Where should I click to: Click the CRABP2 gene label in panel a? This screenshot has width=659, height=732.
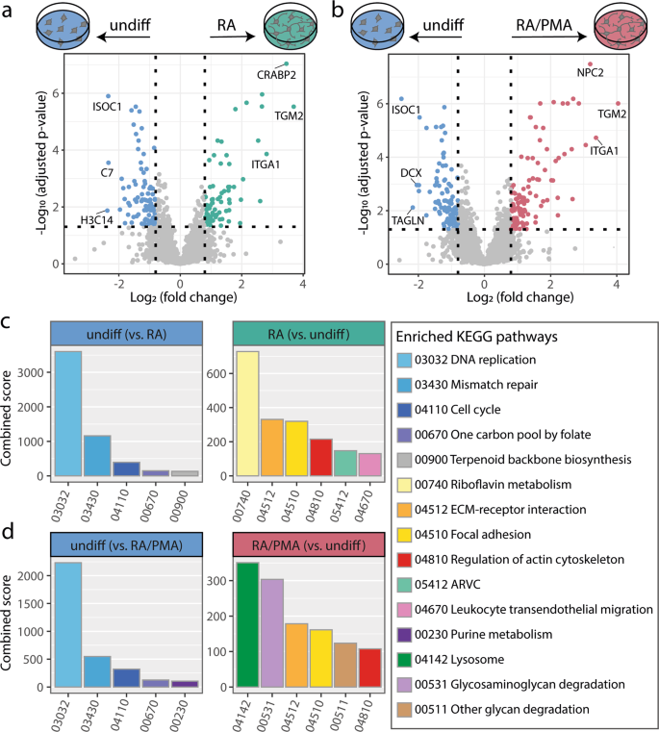coord(276,75)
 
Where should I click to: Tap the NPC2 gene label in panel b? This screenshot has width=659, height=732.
coord(590,73)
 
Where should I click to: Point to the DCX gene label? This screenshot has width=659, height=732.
coord(411,173)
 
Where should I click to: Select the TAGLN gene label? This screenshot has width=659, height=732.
coord(408,220)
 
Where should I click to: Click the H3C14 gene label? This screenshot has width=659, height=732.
coord(96,220)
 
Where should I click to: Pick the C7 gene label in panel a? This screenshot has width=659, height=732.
coord(107,173)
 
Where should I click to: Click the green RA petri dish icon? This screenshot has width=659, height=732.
coord(291,26)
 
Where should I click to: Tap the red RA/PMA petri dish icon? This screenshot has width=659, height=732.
coord(621,26)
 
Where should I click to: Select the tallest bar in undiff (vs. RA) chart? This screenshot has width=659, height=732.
coord(68,414)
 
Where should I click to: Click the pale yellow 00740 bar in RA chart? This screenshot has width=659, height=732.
coord(247,414)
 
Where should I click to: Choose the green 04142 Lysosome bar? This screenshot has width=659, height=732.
coord(247,624)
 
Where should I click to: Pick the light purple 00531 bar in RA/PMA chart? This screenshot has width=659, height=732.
coord(272,633)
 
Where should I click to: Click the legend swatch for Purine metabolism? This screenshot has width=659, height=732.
coord(404,635)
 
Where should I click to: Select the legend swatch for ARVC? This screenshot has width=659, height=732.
coord(404,585)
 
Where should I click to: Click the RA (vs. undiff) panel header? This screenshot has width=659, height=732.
coord(309,334)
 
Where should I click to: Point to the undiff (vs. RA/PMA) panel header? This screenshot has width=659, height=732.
coord(127,544)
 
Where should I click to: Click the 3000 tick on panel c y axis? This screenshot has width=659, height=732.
coord(31,372)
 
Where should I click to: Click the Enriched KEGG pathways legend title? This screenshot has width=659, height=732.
coord(477,337)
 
